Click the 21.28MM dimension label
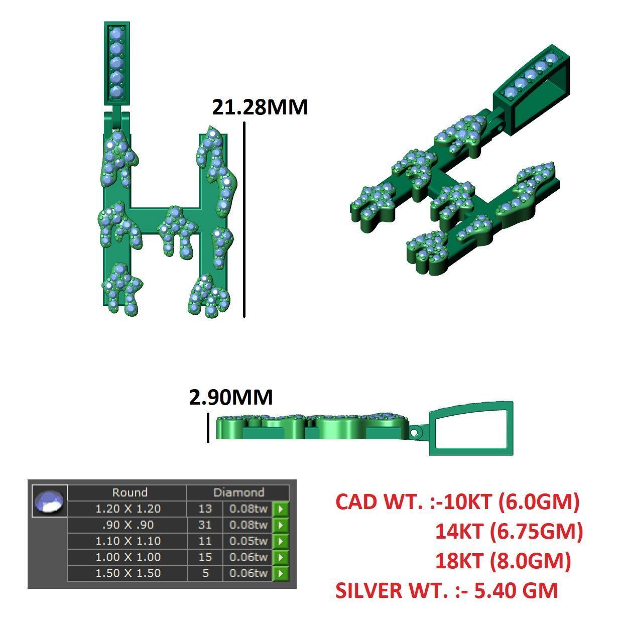(x=260, y=107)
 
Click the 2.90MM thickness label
(x=231, y=397)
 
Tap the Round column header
(x=130, y=492)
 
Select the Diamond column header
(x=238, y=492)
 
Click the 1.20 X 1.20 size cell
(x=128, y=509)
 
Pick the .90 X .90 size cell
(x=128, y=525)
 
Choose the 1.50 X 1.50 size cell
(x=128, y=573)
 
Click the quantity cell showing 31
(x=205, y=525)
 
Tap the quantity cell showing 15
(x=205, y=557)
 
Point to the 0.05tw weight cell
(x=248, y=541)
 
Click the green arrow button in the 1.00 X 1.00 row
(x=280, y=557)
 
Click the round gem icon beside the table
(x=49, y=501)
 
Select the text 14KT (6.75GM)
(x=509, y=531)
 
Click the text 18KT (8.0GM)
(x=503, y=561)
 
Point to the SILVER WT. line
(x=446, y=590)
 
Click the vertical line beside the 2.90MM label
(x=208, y=428)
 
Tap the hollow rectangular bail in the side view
(x=471, y=428)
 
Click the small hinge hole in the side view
(x=414, y=432)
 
